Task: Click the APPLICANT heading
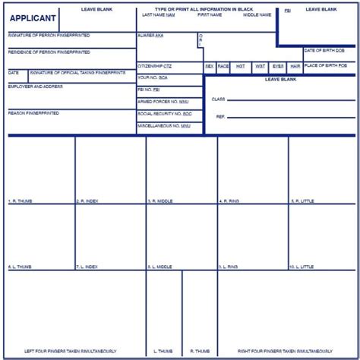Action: click(33, 18)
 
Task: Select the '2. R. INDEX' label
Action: click(87, 201)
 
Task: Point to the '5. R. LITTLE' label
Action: click(302, 201)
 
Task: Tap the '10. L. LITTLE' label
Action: click(302, 267)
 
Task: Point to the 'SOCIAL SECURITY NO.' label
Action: click(165, 113)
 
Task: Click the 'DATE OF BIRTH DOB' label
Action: click(324, 50)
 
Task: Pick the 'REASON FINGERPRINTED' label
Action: click(33, 112)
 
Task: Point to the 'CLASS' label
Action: click(219, 99)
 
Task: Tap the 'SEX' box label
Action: click(210, 66)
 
